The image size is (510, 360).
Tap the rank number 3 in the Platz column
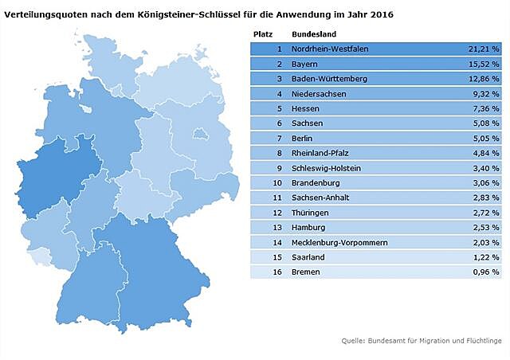(x=280, y=78)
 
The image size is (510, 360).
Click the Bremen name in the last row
(x=305, y=272)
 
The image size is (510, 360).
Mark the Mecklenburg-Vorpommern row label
(x=338, y=243)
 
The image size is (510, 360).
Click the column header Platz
(x=262, y=35)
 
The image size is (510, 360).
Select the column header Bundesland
(x=313, y=35)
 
